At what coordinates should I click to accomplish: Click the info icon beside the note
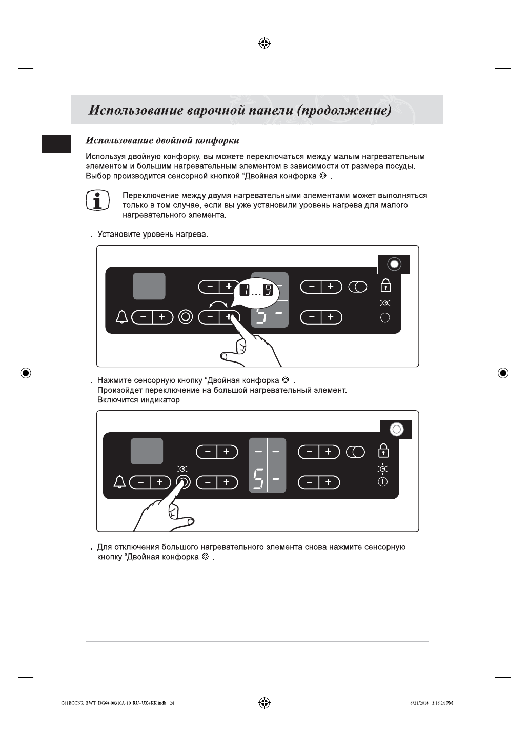(97, 200)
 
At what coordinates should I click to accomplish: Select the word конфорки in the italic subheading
(218, 140)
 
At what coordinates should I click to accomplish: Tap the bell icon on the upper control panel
(122, 317)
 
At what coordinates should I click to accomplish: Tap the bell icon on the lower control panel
(120, 482)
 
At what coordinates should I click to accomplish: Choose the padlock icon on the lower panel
(383, 451)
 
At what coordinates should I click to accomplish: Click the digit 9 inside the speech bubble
(268, 291)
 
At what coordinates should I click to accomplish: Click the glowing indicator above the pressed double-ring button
(182, 468)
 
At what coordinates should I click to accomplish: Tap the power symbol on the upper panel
(384, 317)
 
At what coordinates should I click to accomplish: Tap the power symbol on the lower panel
(383, 482)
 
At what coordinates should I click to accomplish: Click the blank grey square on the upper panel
(149, 286)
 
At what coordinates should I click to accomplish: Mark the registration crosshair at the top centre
(264, 43)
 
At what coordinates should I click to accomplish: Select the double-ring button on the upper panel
(186, 317)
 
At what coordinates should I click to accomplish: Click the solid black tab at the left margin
(57, 144)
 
